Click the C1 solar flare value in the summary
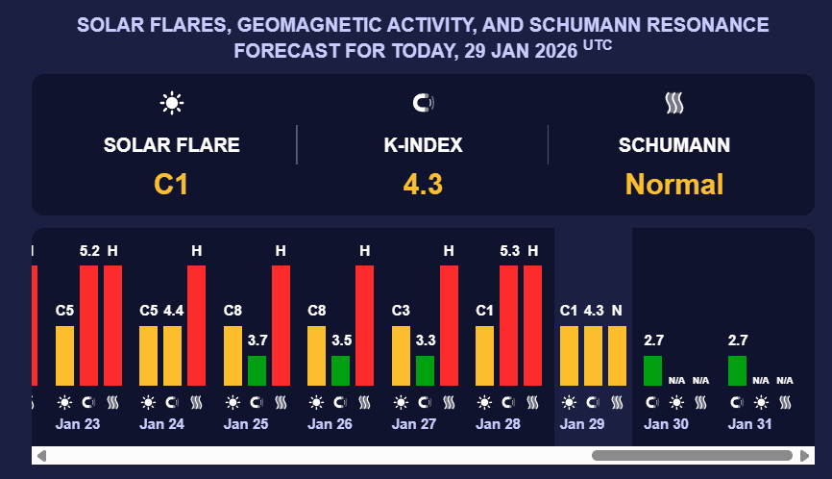[171, 184]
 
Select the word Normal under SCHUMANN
[673, 184]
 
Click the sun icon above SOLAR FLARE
[172, 103]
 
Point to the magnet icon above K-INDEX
[423, 103]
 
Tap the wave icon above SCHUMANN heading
[673, 103]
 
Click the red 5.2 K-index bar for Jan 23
[89, 324]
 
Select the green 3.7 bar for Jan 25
[257, 370]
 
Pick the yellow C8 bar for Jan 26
[317, 355]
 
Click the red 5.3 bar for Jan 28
[509, 324]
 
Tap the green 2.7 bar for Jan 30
[652, 370]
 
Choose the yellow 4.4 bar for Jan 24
[173, 355]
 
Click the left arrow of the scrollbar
[41, 455]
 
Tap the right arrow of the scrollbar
[805, 455]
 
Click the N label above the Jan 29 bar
[617, 311]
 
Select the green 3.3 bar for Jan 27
[425, 370]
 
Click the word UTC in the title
[597, 44]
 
